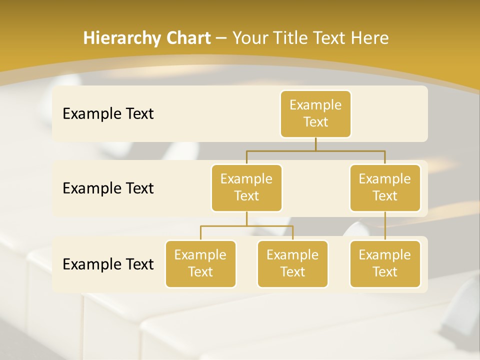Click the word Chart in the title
[x=187, y=38]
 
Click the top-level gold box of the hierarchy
[x=315, y=114]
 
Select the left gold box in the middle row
[x=246, y=188]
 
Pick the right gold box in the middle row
[x=385, y=188]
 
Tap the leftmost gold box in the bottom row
[x=200, y=264]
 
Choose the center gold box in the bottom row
[x=292, y=264]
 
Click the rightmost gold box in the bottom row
[x=385, y=264]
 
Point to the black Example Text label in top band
[x=108, y=114]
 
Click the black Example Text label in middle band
[x=108, y=188]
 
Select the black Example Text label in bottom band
[x=108, y=264]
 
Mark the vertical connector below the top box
[x=315, y=144]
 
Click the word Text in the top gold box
[x=315, y=122]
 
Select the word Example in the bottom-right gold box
[x=385, y=255]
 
